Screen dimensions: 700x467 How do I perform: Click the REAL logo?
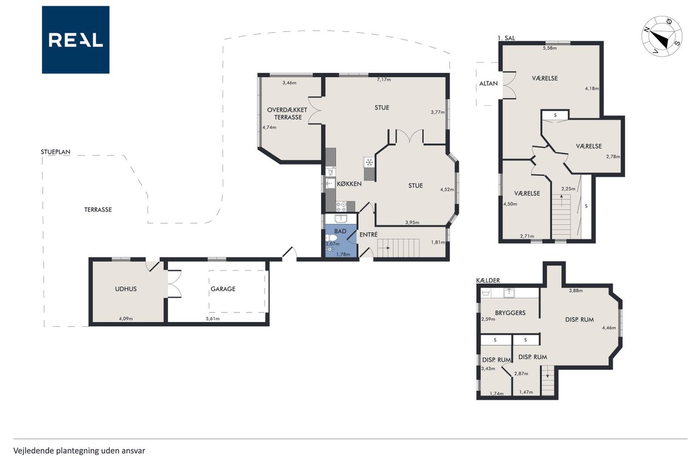(75, 40)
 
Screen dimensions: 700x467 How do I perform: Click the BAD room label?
(340, 231)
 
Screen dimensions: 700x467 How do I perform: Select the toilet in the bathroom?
(331, 238)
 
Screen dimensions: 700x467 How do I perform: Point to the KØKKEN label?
(349, 184)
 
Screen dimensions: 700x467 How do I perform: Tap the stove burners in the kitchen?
(341, 206)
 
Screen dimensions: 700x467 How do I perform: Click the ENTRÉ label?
(369, 234)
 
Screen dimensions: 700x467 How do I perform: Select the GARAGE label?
(223, 289)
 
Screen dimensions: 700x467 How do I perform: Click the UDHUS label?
(126, 289)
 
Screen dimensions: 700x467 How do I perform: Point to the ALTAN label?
(488, 84)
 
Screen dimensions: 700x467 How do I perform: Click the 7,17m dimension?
(384, 79)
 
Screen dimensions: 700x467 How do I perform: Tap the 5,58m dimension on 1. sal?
(550, 48)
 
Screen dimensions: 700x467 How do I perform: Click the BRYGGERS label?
(510, 313)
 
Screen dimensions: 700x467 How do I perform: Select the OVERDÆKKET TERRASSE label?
(287, 113)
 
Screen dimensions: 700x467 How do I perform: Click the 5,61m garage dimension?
(213, 319)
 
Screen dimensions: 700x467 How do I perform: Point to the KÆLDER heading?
(488, 280)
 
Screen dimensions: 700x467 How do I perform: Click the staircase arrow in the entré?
(384, 248)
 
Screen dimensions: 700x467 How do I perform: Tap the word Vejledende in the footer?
(34, 451)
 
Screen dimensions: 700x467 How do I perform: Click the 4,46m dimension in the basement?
(609, 328)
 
